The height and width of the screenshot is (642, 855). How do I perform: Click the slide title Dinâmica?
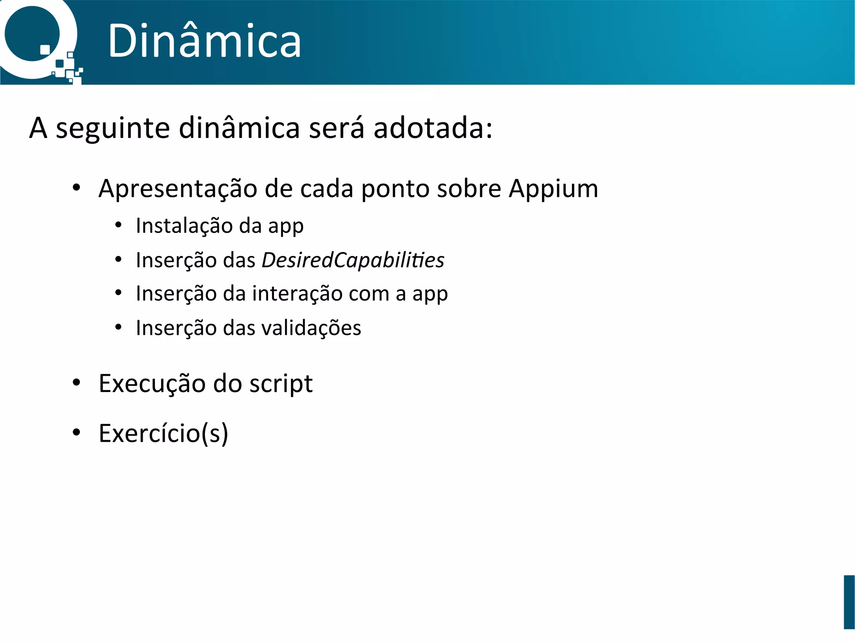pyautogui.click(x=204, y=41)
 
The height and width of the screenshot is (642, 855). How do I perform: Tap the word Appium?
pyautogui.click(x=553, y=189)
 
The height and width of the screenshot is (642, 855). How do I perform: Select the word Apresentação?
pyautogui.click(x=177, y=189)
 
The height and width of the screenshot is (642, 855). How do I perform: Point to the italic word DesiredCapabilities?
pyautogui.click(x=353, y=260)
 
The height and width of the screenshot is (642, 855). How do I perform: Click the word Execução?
pyautogui.click(x=152, y=384)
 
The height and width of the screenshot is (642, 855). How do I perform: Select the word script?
pyautogui.click(x=281, y=384)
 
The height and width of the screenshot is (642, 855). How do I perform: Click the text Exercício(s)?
pyautogui.click(x=163, y=433)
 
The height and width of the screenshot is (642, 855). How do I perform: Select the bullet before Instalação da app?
pyautogui.click(x=119, y=225)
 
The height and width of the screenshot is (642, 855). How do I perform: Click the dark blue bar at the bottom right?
pyautogui.click(x=849, y=602)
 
